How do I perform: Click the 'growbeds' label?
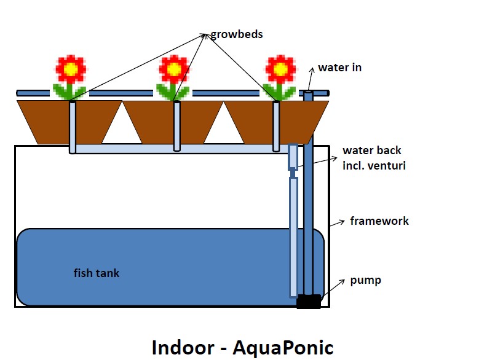tap(237, 34)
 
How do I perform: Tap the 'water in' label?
tap(339, 68)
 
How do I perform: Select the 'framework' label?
tap(379, 221)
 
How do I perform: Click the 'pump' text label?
tap(366, 280)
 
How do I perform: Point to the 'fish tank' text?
tap(97, 273)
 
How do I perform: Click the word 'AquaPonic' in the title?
tap(282, 348)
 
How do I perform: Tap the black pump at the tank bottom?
tap(309, 302)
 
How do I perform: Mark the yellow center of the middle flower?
tap(175, 69)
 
